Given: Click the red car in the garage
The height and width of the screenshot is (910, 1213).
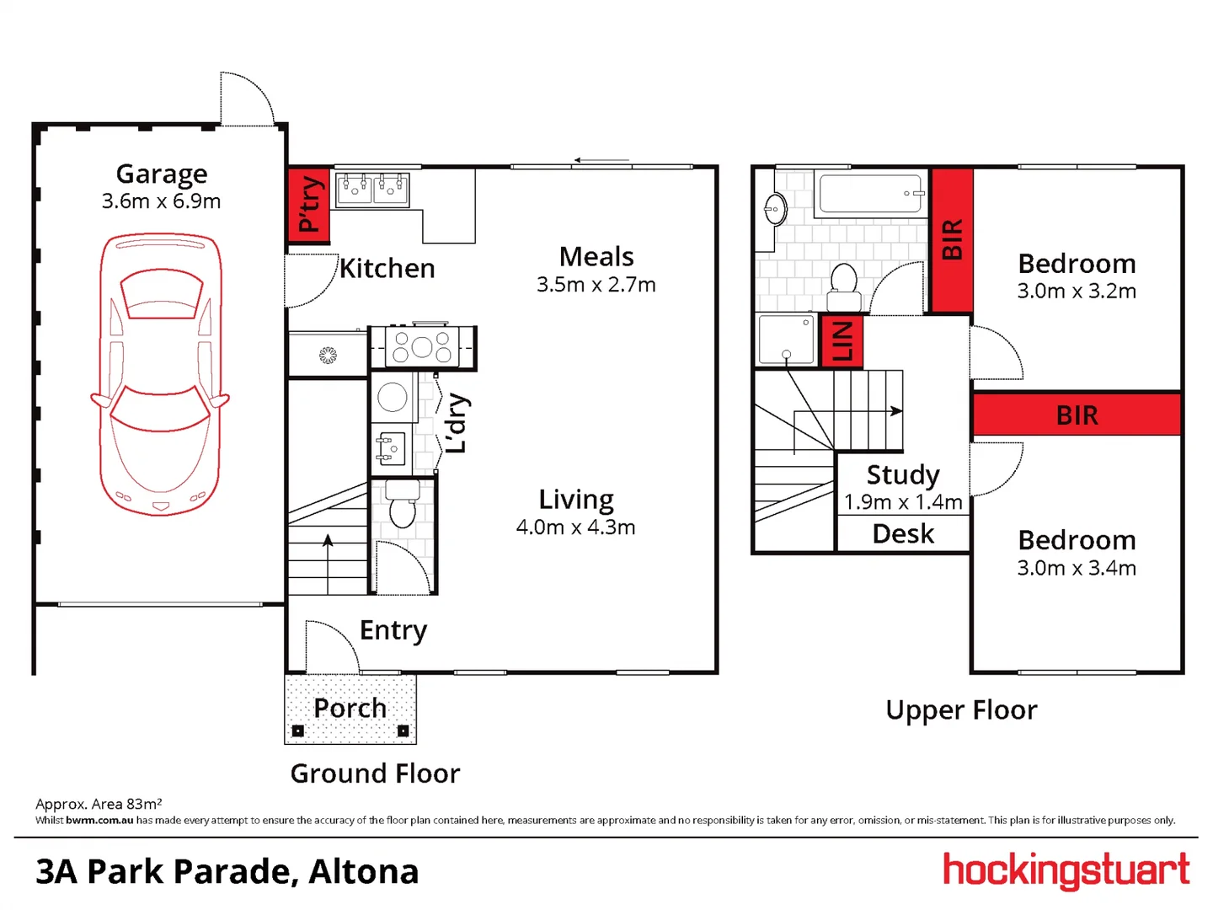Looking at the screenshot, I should (x=160, y=375).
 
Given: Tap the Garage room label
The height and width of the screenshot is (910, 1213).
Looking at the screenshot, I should (x=162, y=174).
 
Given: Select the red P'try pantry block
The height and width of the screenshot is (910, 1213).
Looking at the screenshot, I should (x=308, y=205).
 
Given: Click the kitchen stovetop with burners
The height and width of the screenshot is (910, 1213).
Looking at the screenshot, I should (x=422, y=346).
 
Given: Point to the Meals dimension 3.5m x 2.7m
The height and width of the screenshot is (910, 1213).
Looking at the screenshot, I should (x=596, y=285).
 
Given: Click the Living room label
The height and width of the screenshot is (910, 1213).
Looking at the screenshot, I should (x=576, y=500).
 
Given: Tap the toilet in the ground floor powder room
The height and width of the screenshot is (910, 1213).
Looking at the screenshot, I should (x=403, y=506).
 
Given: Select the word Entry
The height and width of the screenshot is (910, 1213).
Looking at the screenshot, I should (x=393, y=630).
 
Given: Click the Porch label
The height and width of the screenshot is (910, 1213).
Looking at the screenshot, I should (x=350, y=709).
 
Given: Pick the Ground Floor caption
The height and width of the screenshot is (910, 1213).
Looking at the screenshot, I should (x=376, y=773).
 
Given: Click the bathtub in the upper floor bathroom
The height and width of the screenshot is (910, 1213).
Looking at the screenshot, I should (x=871, y=194).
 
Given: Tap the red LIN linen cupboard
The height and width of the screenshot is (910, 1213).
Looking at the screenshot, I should (x=842, y=341).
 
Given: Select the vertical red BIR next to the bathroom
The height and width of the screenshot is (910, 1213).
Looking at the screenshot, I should (x=952, y=240).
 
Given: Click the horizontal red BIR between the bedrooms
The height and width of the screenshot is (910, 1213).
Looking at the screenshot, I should (x=1077, y=415).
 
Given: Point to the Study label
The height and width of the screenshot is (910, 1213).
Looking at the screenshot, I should (x=903, y=474).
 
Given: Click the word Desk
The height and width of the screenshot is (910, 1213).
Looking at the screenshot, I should (x=903, y=534).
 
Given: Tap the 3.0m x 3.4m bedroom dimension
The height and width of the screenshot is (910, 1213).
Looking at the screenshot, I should (x=1077, y=568).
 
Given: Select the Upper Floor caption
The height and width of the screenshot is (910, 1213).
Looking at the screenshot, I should (x=961, y=710).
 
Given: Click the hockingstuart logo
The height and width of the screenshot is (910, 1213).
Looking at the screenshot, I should (x=1066, y=870).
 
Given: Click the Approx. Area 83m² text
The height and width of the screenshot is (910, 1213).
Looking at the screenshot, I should (x=99, y=804).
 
